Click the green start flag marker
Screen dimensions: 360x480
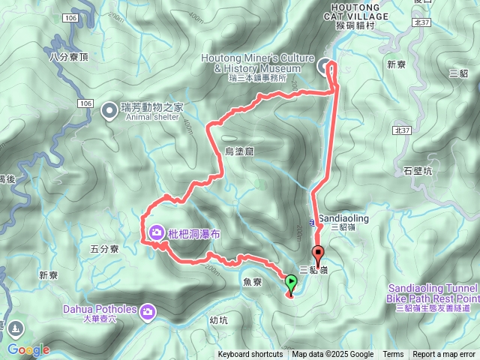291,282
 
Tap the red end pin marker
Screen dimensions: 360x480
317,253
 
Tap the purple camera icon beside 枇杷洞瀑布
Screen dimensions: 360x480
156,232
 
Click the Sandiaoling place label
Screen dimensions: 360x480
343,218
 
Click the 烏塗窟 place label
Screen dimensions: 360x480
240,151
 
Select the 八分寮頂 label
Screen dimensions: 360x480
68,56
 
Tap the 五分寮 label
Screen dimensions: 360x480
104,248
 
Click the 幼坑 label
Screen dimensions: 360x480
219,319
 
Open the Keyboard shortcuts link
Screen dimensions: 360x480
250,355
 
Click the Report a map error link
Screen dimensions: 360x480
444,355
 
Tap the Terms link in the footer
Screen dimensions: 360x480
393,355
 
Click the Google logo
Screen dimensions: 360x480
28,349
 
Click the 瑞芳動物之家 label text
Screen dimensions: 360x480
152,107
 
